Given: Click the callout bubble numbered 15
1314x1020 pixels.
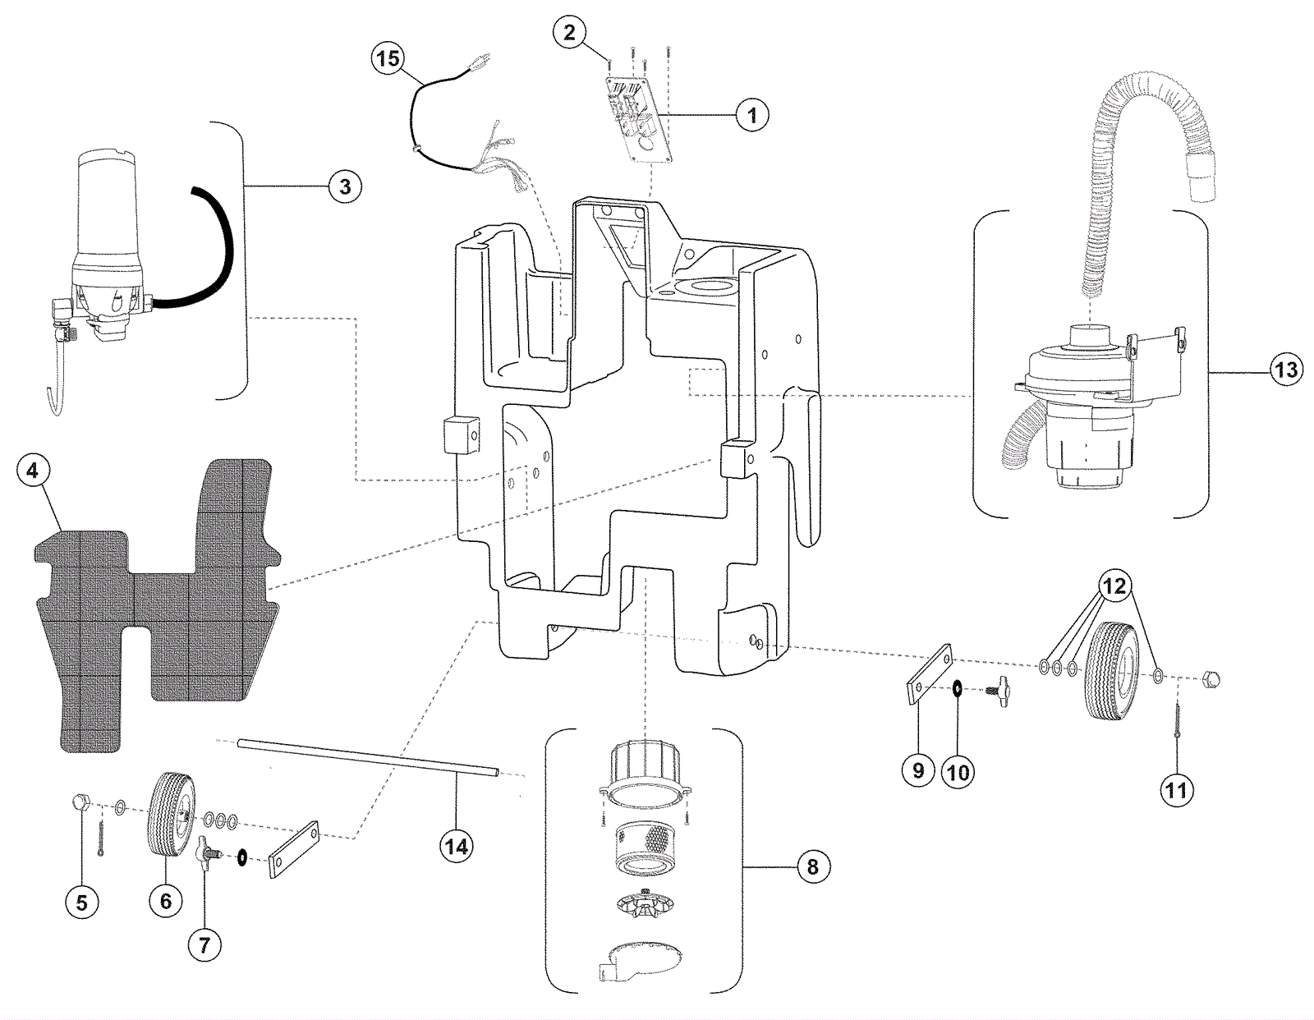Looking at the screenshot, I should pyautogui.click(x=388, y=58).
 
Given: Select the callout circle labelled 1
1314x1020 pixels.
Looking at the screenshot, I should pyautogui.click(x=751, y=115).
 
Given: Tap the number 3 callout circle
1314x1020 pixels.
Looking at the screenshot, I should pyautogui.click(x=345, y=186).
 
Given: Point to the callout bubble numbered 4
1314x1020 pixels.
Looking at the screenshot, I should pyautogui.click(x=32, y=471).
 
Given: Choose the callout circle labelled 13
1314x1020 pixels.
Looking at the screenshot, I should pyautogui.click(x=1286, y=370).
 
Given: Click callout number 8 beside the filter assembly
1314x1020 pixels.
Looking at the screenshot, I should pyautogui.click(x=812, y=866).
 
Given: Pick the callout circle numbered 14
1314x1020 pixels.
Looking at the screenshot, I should pyautogui.click(x=457, y=845).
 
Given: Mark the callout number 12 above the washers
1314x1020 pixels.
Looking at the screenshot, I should pyautogui.click(x=1114, y=586).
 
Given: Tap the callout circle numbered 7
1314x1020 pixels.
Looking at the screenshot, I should pyautogui.click(x=204, y=945).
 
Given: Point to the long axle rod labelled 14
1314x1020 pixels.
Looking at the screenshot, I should pyautogui.click(x=368, y=757).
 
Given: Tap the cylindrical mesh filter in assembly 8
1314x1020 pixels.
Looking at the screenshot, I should pyautogui.click(x=646, y=846).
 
